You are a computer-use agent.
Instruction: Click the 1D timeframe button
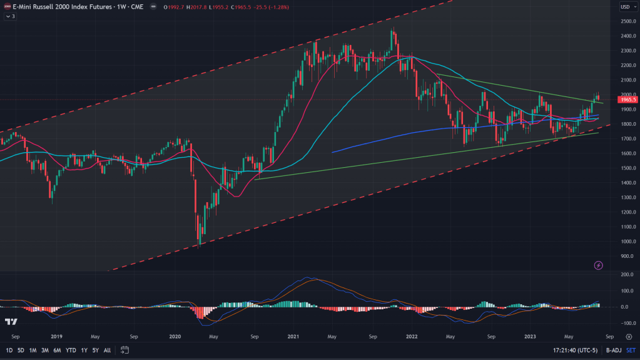click(x=10, y=350)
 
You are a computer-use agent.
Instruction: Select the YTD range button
click(x=71, y=350)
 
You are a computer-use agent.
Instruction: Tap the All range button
click(x=108, y=350)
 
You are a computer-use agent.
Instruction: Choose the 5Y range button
click(x=96, y=350)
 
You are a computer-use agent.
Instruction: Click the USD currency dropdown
click(x=626, y=7)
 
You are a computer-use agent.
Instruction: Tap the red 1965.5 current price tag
click(x=627, y=99)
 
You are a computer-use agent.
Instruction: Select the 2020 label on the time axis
click(x=175, y=336)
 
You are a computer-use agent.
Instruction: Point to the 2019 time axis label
click(x=57, y=336)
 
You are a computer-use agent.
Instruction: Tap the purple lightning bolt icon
click(x=598, y=265)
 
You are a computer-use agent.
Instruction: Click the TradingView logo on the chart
click(x=11, y=322)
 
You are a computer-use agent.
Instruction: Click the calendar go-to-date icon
click(x=125, y=350)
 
